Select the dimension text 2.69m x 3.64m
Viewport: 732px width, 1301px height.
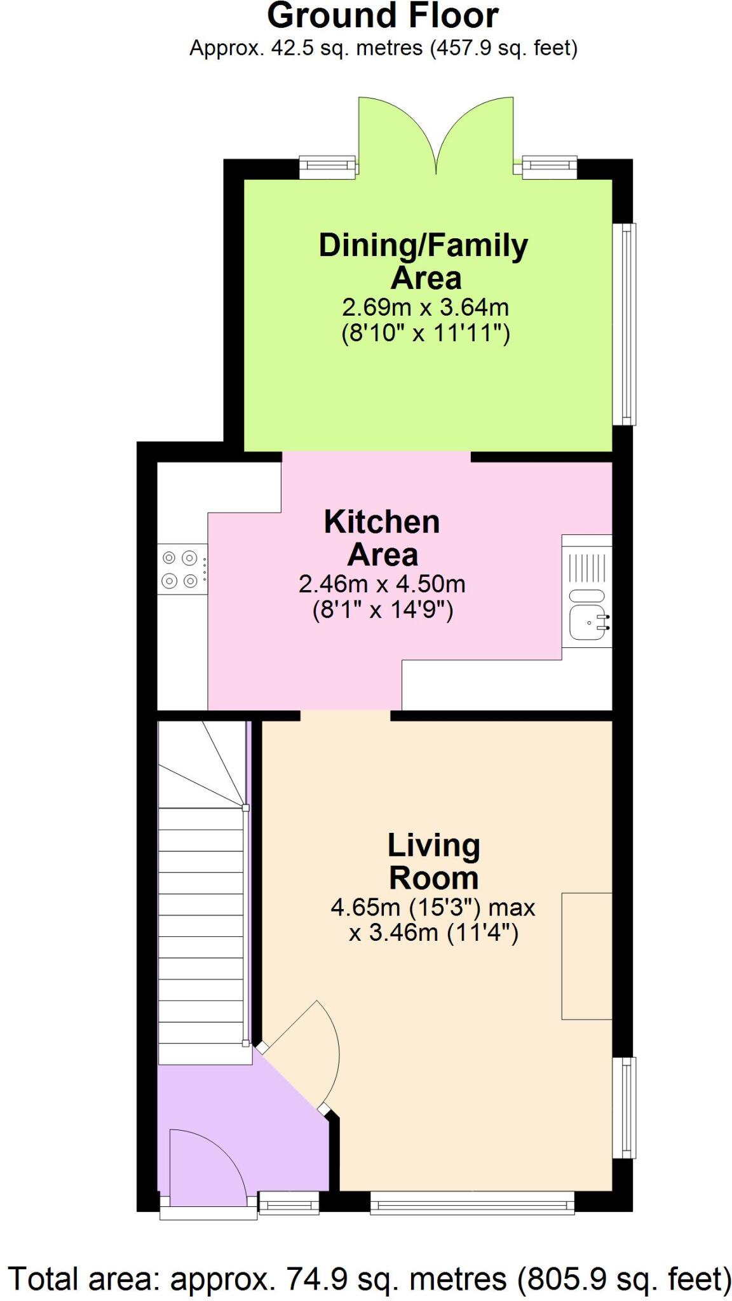[425, 307]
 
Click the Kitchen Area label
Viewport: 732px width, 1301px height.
[382, 538]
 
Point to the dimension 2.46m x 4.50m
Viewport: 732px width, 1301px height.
[382, 583]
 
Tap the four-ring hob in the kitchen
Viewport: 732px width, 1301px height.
[180, 569]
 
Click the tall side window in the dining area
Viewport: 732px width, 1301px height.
[627, 323]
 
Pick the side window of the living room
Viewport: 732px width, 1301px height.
[627, 1107]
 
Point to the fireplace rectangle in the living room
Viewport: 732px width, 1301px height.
[586, 955]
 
